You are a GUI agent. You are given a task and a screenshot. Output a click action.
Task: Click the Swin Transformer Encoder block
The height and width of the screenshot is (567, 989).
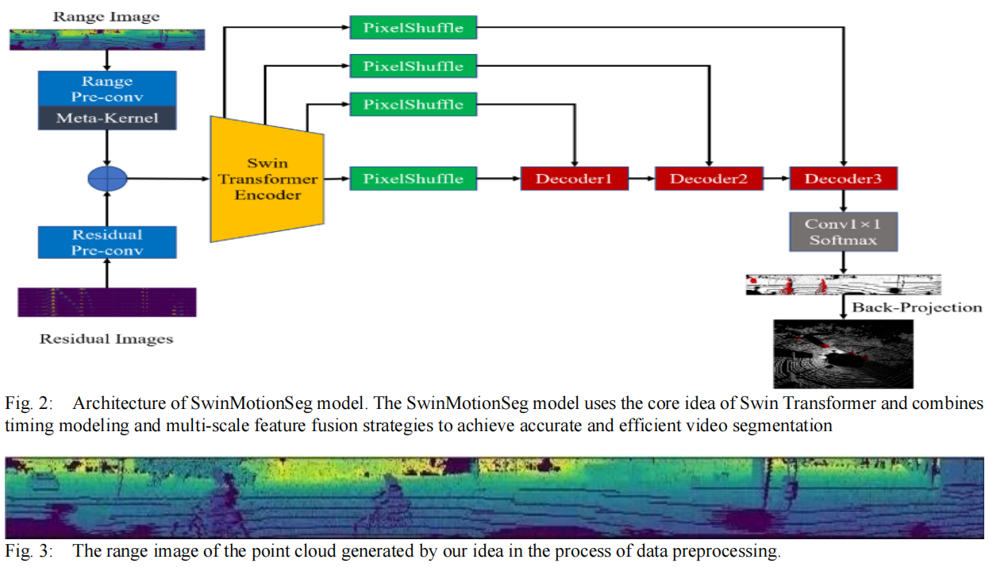267,179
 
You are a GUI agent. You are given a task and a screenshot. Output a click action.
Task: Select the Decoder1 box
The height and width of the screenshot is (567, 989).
575,179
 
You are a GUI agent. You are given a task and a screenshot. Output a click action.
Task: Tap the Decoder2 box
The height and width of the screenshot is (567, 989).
709,179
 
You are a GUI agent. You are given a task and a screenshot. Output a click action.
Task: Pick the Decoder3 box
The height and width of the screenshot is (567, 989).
843,179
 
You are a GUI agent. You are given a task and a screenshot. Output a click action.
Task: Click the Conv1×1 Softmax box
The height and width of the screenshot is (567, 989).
843,232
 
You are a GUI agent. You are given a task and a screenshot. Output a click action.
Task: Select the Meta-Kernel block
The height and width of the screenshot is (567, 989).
107,118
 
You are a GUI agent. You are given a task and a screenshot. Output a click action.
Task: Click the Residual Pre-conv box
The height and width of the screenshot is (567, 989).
107,242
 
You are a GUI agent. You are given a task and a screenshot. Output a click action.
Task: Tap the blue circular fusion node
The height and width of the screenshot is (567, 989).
107,179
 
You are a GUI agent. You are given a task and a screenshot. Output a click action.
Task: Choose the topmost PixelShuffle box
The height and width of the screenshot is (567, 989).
414,27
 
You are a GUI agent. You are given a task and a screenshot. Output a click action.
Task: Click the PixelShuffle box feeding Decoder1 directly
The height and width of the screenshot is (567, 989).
414,179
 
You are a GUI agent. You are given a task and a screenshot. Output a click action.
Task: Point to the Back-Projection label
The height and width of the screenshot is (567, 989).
917,307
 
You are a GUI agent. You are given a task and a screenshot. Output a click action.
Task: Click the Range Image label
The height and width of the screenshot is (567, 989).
106,17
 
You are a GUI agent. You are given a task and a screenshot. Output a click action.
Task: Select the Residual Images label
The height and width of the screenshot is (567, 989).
106,339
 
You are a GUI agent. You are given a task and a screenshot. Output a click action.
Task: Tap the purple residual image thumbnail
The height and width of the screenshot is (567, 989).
107,303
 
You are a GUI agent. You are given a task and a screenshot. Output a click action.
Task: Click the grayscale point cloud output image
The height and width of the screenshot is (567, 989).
843,354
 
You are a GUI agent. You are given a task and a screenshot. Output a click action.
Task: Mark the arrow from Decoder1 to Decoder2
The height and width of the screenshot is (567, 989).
641,179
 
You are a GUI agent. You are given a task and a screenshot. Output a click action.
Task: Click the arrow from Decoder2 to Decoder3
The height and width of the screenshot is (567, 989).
776,179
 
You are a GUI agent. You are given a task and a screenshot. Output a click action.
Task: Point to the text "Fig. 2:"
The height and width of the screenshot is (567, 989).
29,403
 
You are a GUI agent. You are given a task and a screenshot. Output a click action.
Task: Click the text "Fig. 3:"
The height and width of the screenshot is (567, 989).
29,551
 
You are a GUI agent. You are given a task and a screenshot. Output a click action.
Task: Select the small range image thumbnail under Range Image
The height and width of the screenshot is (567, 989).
107,40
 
